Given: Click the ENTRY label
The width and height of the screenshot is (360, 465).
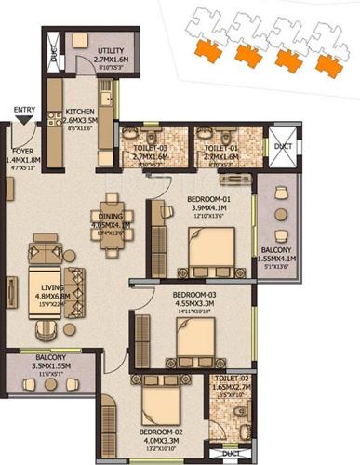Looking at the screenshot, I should coord(23,110).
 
